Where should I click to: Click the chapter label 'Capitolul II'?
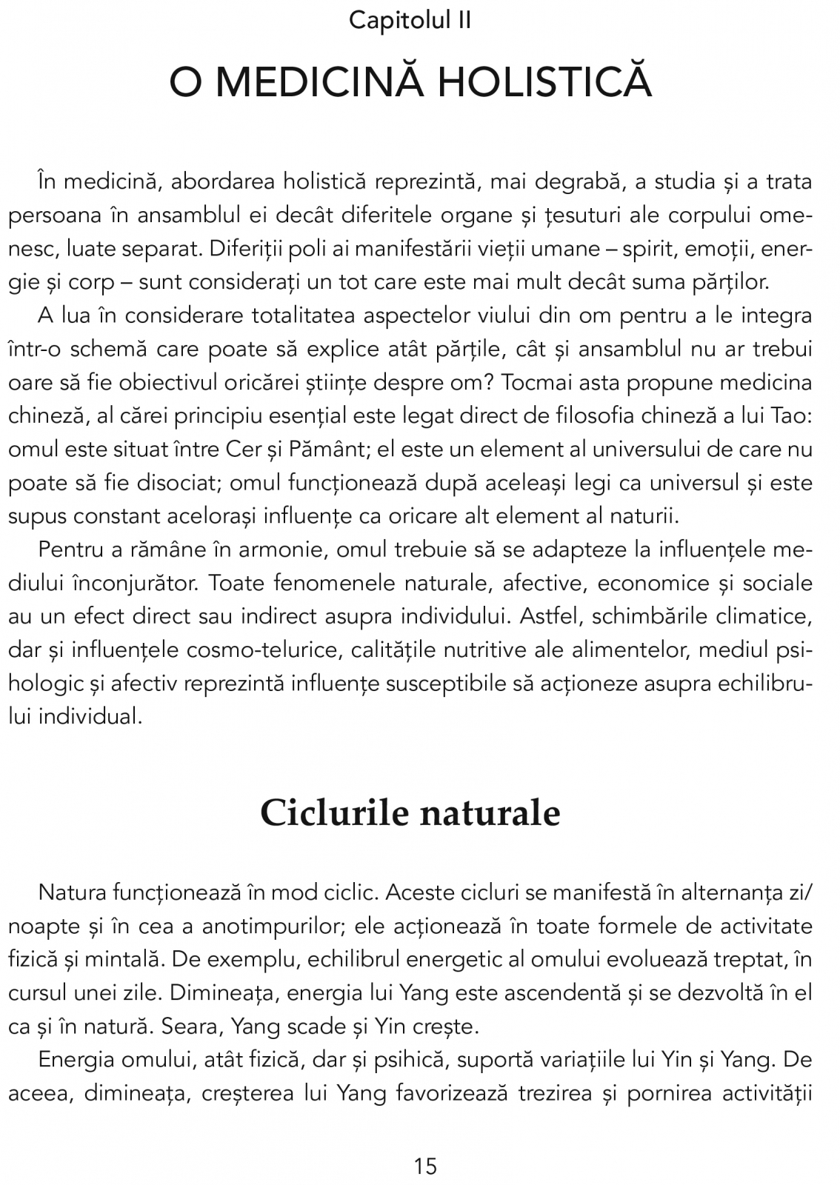pos(410,20)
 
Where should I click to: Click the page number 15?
pos(426,1166)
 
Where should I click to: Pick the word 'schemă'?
pos(116,350)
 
